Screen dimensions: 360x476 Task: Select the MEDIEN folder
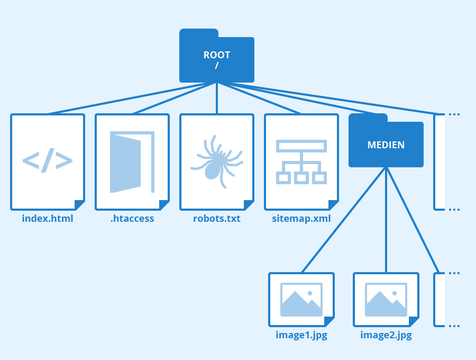tap(386, 144)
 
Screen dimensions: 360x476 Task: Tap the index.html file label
tap(48, 218)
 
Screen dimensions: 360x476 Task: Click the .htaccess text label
tap(132, 218)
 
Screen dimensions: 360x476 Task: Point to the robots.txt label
tap(217, 218)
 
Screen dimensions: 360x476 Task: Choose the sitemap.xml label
tap(301, 218)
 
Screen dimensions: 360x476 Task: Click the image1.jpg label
tap(301, 335)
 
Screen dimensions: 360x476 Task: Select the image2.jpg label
tap(386, 335)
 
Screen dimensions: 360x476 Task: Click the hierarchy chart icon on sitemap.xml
tap(301, 161)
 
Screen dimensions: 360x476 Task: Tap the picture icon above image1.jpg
tap(301, 300)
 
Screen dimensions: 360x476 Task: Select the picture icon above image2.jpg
tap(386, 300)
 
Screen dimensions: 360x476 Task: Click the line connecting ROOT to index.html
tap(132, 98)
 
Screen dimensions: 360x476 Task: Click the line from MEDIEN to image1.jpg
tap(344, 220)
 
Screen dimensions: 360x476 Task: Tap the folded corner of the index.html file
tap(80, 205)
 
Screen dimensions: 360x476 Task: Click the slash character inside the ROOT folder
tap(217, 66)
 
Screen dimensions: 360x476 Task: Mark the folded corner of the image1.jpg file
tap(329, 322)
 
